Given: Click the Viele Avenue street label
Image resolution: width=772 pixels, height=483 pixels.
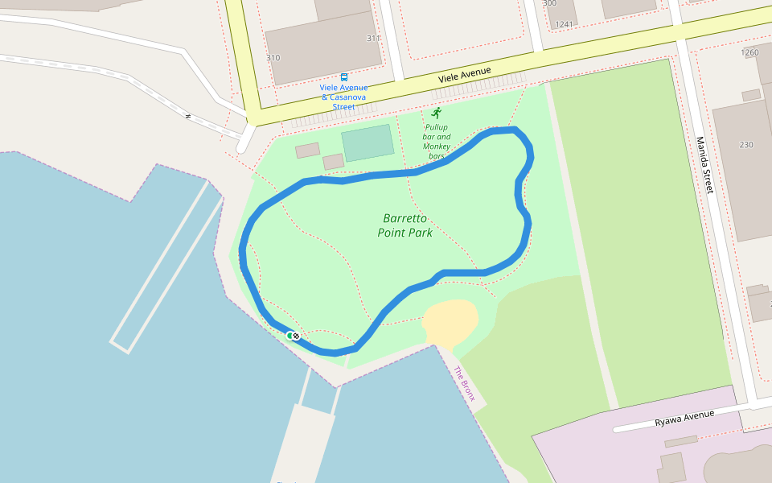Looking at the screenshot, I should pos(464,76).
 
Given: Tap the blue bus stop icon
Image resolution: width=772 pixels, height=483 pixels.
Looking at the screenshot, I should pos(344,77).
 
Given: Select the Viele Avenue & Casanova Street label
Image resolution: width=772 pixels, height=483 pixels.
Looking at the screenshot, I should pos(344,97).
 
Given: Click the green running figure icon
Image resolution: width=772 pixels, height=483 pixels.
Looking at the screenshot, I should pos(437,113).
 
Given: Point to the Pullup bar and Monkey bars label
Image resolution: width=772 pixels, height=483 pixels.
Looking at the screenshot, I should pos(437,142).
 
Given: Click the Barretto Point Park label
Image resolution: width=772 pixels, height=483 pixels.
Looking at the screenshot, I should pos(405,225).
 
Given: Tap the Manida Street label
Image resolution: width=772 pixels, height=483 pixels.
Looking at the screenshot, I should pos(704,165).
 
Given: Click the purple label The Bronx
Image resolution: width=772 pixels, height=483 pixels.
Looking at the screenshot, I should pos(465,384).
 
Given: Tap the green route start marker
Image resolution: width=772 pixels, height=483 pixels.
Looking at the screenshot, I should pos(289,335).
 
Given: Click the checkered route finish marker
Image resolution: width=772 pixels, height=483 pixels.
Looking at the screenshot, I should pos(296,336).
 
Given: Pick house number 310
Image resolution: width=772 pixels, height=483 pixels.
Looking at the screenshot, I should pos(273,58).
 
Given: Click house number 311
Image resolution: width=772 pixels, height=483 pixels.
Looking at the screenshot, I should pos(373,39).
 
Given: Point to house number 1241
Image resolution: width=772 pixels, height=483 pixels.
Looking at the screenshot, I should pos(565,24).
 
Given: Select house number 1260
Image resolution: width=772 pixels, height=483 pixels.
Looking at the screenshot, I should pos(749,53).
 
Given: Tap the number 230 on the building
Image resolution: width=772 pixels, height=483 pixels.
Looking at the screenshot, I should pos(746,145).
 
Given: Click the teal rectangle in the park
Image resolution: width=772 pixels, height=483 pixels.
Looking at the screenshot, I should pos(368,142).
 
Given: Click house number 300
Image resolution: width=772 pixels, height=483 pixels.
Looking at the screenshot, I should pos(549,3).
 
